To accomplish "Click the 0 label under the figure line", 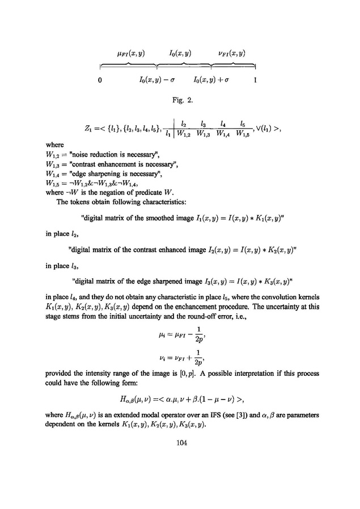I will coord(100,80).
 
